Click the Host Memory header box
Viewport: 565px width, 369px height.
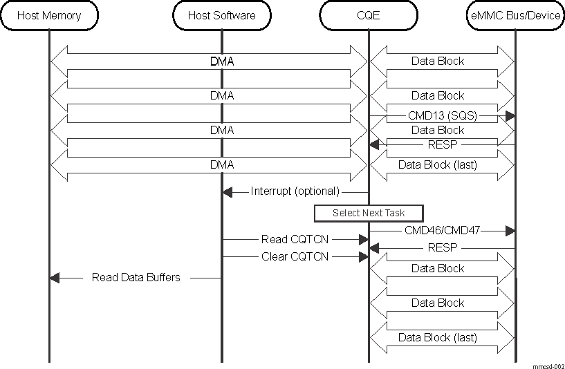coord(48,15)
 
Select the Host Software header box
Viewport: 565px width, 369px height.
coord(221,15)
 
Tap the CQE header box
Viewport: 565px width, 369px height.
coord(369,15)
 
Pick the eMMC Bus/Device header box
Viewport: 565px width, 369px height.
coord(515,15)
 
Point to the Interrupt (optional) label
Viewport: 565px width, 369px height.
coord(295,191)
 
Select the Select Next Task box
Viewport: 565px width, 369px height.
coord(368,213)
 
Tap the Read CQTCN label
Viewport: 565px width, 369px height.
coord(295,240)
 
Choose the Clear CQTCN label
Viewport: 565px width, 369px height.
coord(295,256)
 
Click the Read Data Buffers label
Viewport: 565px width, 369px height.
coord(136,278)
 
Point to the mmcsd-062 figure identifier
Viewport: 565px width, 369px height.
coord(548,366)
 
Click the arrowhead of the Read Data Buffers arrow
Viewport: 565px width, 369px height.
coord(55,278)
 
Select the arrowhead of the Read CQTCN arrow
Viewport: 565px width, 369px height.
coord(362,240)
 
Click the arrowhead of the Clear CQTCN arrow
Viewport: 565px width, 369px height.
coord(362,256)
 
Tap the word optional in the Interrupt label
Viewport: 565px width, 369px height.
coord(317,191)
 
